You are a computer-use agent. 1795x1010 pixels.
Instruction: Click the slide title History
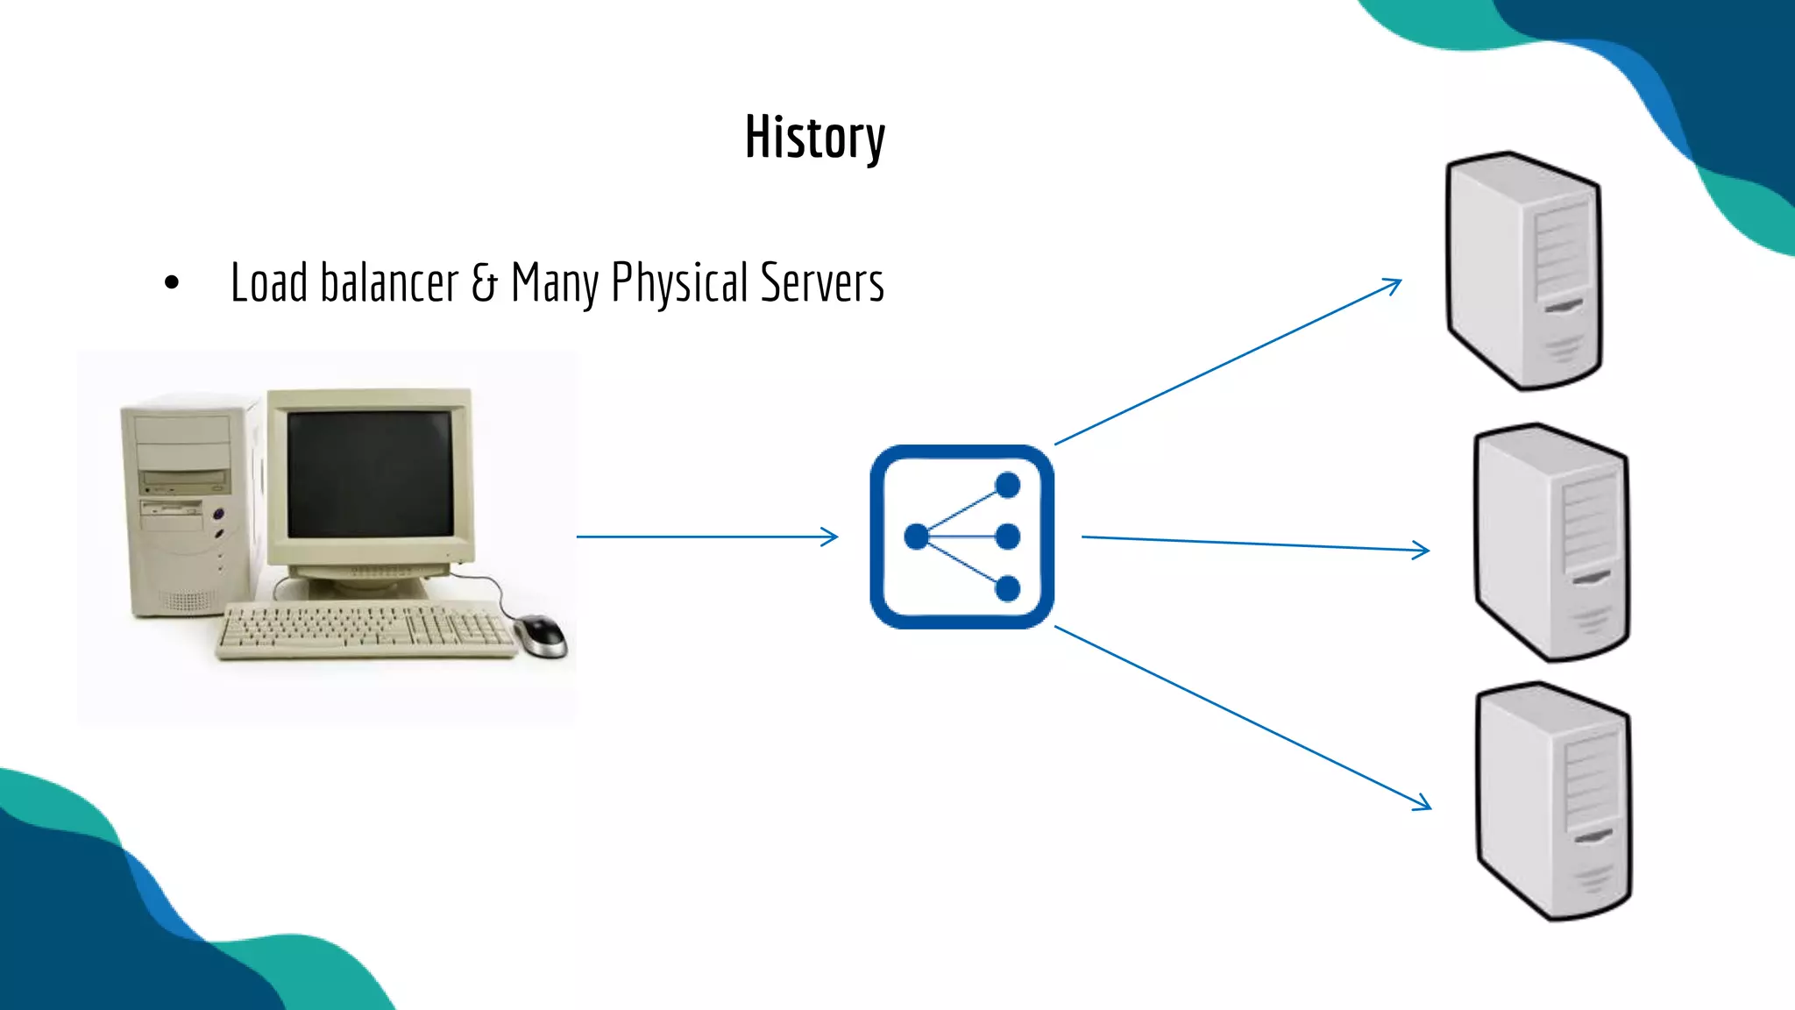(x=815, y=138)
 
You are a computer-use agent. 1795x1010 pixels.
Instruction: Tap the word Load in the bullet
(x=269, y=282)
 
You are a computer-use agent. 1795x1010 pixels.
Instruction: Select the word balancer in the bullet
(x=389, y=282)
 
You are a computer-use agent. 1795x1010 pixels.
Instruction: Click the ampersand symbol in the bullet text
(x=484, y=282)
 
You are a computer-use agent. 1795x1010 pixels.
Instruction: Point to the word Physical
(x=679, y=284)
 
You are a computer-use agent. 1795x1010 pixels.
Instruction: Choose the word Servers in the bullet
(x=822, y=282)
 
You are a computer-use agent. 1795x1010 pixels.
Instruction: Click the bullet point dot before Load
(x=172, y=282)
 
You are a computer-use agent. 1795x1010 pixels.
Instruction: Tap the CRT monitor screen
(x=370, y=473)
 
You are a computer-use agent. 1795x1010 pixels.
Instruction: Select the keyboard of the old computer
(x=366, y=629)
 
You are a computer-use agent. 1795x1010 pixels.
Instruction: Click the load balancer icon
(x=961, y=537)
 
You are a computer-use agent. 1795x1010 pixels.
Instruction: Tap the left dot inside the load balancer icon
(x=916, y=537)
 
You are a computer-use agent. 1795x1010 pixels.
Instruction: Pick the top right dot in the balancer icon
(x=1008, y=485)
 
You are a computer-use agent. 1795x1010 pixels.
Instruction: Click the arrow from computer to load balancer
(x=706, y=537)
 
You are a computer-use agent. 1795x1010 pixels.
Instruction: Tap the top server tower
(x=1523, y=272)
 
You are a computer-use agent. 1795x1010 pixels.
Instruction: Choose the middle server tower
(x=1551, y=544)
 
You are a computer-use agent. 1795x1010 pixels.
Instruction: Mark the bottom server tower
(x=1553, y=802)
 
